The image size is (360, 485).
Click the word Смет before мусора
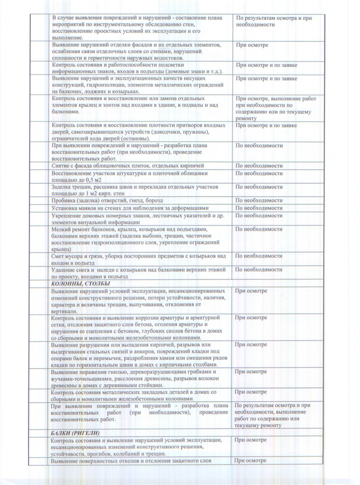coord(57,256)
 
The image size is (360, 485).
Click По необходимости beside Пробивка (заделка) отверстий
coord(259,200)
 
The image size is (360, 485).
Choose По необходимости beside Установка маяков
coord(259,208)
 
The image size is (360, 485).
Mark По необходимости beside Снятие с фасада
coord(259,166)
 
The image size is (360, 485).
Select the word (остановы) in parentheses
coord(137,139)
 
